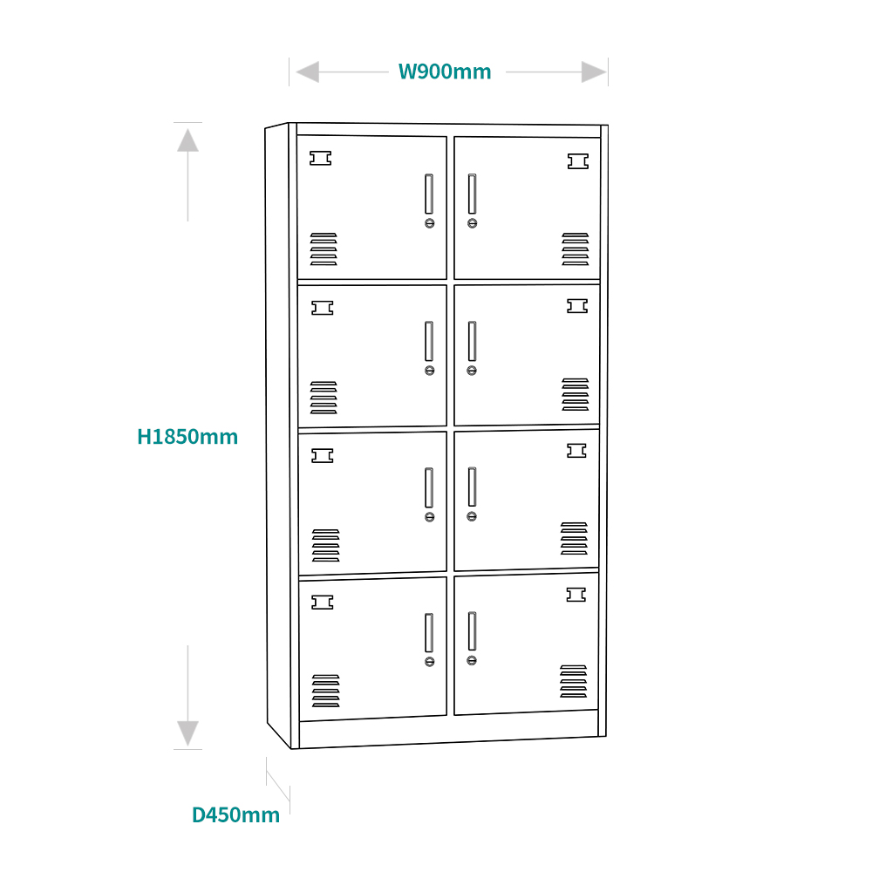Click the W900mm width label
pyautogui.click(x=445, y=72)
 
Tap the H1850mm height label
pyautogui.click(x=187, y=437)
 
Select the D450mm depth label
pyautogui.click(x=236, y=815)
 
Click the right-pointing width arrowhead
pyautogui.click(x=594, y=72)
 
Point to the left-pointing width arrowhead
pyautogui.click(x=307, y=72)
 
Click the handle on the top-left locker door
pyautogui.click(x=429, y=194)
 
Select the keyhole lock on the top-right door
pyautogui.click(x=473, y=223)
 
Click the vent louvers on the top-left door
pyautogui.click(x=324, y=249)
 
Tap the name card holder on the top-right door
pyautogui.click(x=578, y=161)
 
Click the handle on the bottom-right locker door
pyautogui.click(x=472, y=631)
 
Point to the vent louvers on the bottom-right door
pyautogui.click(x=574, y=681)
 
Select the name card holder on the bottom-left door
pyautogui.click(x=323, y=602)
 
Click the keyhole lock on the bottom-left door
pyautogui.click(x=429, y=662)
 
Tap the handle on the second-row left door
pyautogui.click(x=429, y=341)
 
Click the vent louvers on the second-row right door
pyautogui.click(x=575, y=394)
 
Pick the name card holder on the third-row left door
pyautogui.click(x=323, y=455)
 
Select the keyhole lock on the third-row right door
pyautogui.click(x=472, y=516)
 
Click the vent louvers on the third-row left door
pyautogui.click(x=325, y=545)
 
